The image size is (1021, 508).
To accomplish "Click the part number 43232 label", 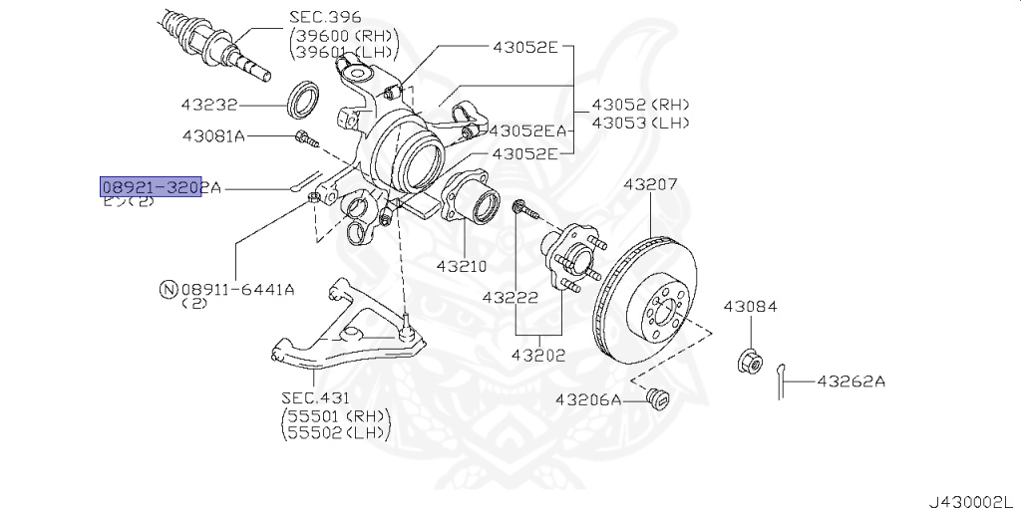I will point(208,103).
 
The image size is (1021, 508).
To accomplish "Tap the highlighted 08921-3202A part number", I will point(151,187).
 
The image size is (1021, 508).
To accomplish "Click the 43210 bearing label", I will point(461,266).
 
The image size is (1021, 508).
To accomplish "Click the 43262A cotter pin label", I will point(852,381).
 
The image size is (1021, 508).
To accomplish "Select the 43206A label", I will point(587,400).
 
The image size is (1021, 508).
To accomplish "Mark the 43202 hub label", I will point(538,355).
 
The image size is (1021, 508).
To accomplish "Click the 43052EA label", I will point(527,130).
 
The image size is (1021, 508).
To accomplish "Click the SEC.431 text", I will point(313,398).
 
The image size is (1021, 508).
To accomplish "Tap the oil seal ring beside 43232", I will point(304,100).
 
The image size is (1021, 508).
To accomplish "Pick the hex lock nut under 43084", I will point(749,361).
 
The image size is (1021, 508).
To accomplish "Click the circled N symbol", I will point(169,290).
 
